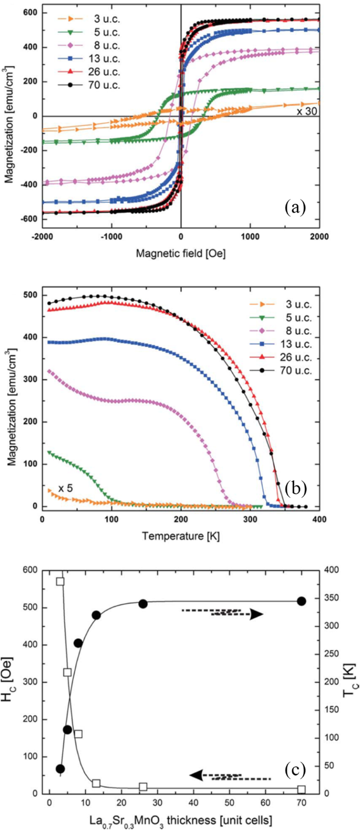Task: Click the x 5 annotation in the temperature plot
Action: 65,488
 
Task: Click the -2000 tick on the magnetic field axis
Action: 42,236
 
